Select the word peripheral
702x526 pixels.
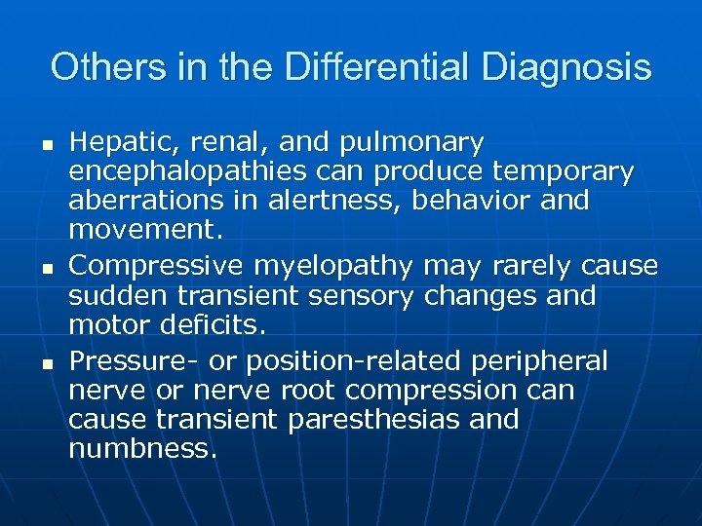539,362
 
